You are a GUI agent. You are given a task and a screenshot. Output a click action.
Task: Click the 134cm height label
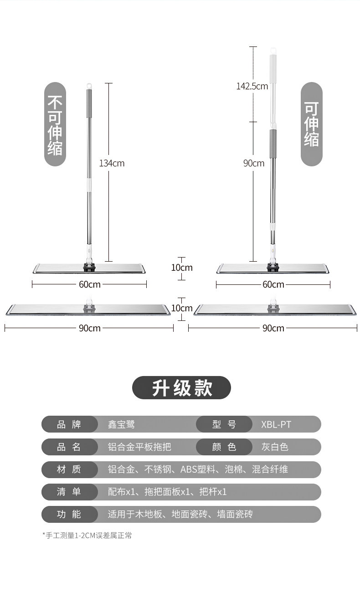[x=112, y=163]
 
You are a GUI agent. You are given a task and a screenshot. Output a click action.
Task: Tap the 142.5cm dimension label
[x=252, y=86]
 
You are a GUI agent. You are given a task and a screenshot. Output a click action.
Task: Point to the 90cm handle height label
[x=253, y=163]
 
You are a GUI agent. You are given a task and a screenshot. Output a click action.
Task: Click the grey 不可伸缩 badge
[x=55, y=124]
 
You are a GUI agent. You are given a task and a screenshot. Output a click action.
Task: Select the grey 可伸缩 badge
[x=312, y=124]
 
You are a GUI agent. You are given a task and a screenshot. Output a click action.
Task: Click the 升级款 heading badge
[x=181, y=388]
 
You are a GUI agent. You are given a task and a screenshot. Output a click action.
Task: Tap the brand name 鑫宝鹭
[x=121, y=425]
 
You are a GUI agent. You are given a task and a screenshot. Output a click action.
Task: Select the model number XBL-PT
[x=276, y=425]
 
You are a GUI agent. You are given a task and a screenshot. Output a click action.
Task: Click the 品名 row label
[x=69, y=447]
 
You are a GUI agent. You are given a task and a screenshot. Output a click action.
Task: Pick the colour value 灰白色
[x=275, y=447]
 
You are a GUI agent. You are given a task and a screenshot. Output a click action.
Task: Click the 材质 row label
[x=69, y=469]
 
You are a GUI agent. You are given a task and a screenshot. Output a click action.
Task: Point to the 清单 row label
[x=69, y=492]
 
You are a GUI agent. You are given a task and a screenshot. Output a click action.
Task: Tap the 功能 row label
[x=69, y=514]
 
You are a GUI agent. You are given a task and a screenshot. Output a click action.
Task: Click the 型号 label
[x=224, y=425]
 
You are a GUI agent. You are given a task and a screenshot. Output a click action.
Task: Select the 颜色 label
[x=224, y=447]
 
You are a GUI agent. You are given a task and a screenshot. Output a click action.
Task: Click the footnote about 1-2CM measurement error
[x=87, y=536]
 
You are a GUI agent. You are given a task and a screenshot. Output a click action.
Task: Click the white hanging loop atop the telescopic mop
[x=273, y=50]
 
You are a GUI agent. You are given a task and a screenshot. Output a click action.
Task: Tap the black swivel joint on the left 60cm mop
[x=89, y=266]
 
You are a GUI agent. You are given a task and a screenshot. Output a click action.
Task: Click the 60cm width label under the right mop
[x=273, y=285]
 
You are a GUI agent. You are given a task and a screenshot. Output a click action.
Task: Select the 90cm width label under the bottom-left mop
[x=89, y=328]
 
